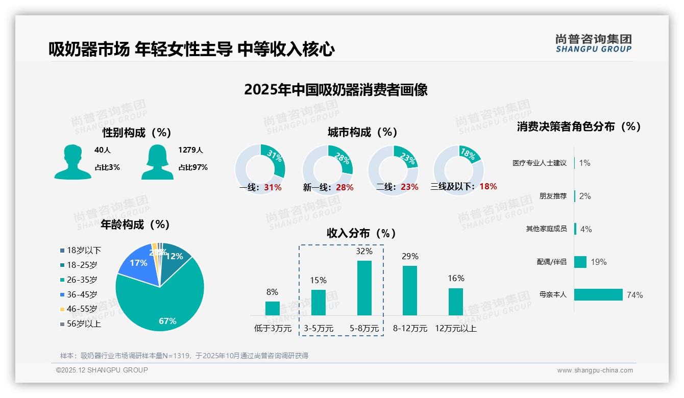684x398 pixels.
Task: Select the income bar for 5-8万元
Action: pos(364,288)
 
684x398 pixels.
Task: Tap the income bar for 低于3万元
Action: pos(272,308)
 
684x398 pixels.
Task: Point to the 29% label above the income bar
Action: pos(410,256)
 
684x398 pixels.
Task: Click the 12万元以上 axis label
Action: pos(456,329)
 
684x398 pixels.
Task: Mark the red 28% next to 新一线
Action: pos(345,188)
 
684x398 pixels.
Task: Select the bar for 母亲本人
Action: pos(598,295)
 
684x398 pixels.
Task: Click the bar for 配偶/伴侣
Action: pos(580,262)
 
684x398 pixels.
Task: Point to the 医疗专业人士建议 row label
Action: pos(540,163)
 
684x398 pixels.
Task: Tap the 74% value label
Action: pos(634,295)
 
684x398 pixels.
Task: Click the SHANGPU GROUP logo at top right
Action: pos(593,43)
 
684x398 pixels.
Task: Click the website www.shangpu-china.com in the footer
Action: pos(595,370)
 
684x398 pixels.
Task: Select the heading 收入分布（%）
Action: pos(361,233)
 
